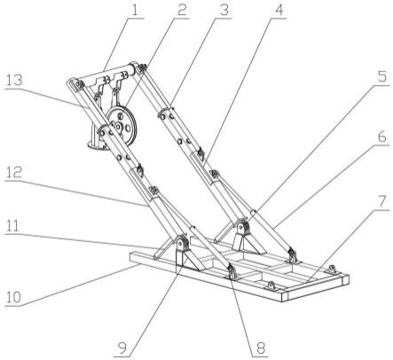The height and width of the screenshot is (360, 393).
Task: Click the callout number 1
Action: (x=135, y=11)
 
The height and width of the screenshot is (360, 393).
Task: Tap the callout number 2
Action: (x=181, y=11)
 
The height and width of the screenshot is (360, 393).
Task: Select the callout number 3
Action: (x=224, y=11)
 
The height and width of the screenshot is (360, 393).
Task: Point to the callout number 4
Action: (x=279, y=11)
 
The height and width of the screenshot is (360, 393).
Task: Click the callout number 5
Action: (x=382, y=77)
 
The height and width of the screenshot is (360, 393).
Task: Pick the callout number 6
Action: (x=382, y=137)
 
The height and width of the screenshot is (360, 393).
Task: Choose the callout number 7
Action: (x=382, y=201)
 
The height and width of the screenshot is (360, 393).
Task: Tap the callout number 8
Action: (x=261, y=348)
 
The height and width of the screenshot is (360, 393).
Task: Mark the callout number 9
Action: (x=122, y=348)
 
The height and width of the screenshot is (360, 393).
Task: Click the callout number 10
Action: (x=14, y=298)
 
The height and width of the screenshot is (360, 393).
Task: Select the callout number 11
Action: (x=14, y=227)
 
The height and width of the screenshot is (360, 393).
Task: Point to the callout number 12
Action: (x=14, y=172)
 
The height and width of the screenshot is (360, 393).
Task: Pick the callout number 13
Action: (x=14, y=80)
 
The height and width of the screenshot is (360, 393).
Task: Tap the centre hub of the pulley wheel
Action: (x=119, y=127)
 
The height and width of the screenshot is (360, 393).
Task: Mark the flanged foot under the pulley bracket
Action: (x=98, y=145)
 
